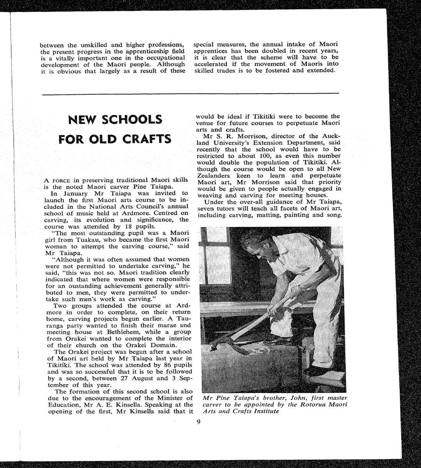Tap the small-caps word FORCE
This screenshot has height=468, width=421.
(61, 180)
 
